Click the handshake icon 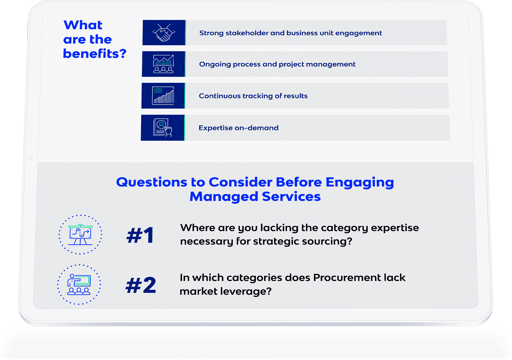click(x=164, y=33)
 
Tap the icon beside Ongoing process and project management click(x=163, y=64)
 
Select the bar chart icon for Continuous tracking click(x=163, y=96)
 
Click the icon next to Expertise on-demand click(x=162, y=127)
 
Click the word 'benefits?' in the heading click(x=95, y=54)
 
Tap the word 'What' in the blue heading click(x=83, y=25)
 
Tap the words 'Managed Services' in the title click(x=255, y=196)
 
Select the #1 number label click(x=140, y=235)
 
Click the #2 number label click(x=141, y=285)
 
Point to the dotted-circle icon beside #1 click(x=80, y=235)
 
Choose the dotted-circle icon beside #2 click(x=79, y=284)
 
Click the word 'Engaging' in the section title click(x=360, y=183)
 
